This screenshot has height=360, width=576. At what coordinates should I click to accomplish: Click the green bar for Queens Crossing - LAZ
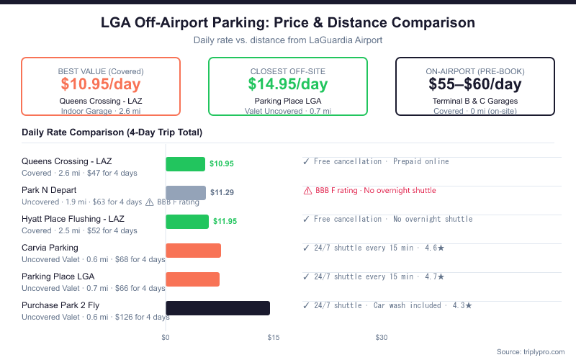coord(185,164)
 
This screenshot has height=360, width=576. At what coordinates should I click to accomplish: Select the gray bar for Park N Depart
coord(186,193)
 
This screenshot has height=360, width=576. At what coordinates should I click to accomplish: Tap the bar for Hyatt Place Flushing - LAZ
coord(187,222)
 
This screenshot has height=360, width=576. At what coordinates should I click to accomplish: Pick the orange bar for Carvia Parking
coord(193,251)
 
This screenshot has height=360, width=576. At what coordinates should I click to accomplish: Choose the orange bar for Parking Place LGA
coord(192,279)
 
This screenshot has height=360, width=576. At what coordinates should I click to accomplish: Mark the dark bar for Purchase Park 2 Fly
coord(217,308)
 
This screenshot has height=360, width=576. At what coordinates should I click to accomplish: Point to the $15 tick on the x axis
coord(274,337)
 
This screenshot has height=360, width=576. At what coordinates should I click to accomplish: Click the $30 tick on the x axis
coord(382,337)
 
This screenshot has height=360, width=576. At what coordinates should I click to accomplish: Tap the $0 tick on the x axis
coord(166,337)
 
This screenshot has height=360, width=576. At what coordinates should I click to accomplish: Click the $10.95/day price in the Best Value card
coord(100,84)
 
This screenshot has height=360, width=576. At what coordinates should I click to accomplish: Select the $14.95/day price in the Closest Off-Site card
coord(287,84)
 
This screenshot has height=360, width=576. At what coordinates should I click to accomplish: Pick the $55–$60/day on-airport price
coord(474,84)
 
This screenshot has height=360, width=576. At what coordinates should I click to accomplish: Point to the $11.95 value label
coord(225,222)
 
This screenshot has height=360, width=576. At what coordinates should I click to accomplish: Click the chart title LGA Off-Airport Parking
coord(288,23)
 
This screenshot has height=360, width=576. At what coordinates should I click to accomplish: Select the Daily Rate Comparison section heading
coord(112,132)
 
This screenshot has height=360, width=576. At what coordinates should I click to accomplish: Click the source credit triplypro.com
coord(532,351)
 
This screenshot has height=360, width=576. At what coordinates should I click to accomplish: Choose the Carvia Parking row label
coord(50,248)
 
